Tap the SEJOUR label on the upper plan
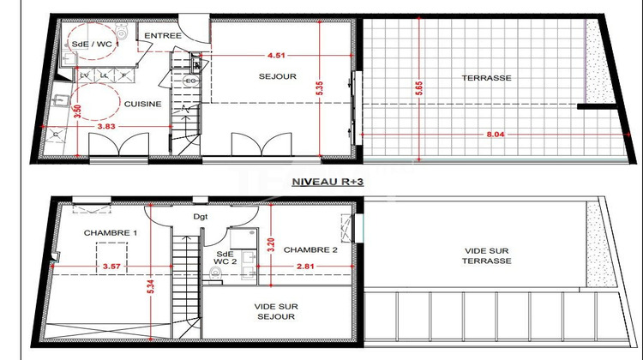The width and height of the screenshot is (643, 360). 278,76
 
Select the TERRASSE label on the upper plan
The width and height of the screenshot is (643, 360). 486,77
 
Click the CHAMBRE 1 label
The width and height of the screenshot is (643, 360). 111,233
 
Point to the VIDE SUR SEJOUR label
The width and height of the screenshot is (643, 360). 278,311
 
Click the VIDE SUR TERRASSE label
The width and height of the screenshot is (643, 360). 486,256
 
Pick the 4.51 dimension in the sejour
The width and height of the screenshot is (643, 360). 276,57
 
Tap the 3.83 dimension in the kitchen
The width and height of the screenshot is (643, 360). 105,127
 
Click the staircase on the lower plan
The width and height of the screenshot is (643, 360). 182,274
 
